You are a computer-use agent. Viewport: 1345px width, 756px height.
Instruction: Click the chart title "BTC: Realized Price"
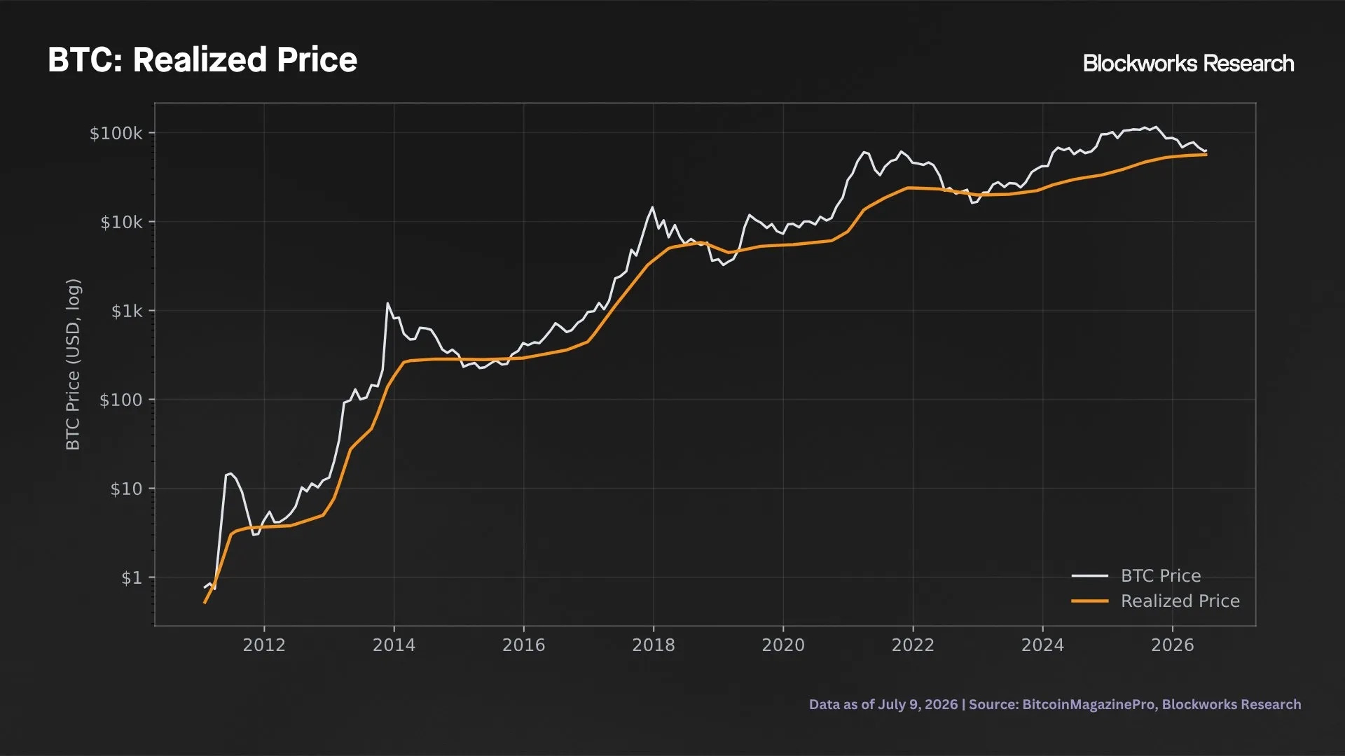202,60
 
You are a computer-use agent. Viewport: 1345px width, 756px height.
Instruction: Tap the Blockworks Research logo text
1188,64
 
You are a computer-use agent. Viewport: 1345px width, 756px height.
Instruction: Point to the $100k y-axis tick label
116,133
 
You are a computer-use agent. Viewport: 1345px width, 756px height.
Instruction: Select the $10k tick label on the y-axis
121,222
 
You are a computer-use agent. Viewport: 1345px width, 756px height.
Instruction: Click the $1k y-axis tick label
127,311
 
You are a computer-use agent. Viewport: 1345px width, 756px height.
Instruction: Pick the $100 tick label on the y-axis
120,400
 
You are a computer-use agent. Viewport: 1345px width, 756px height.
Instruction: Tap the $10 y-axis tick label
126,489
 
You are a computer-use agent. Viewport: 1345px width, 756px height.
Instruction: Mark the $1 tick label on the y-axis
132,577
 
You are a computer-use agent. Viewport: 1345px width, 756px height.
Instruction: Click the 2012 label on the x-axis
264,645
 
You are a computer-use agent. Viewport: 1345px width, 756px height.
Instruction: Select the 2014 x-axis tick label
394,645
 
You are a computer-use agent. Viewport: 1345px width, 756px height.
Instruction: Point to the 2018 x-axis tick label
654,645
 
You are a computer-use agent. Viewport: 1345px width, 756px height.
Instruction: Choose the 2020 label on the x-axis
783,645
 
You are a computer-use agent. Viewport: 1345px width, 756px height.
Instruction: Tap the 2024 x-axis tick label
1042,645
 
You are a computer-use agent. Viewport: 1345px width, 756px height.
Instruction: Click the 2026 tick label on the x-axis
1173,645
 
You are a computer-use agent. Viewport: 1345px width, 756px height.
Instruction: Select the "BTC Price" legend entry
1136,575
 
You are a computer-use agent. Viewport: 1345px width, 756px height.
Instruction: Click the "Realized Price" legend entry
1156,601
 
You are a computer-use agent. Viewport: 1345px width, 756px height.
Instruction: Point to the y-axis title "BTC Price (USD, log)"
73,364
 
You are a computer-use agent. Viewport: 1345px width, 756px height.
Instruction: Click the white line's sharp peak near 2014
387,303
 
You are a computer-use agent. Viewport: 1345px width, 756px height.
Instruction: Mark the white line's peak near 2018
652,206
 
